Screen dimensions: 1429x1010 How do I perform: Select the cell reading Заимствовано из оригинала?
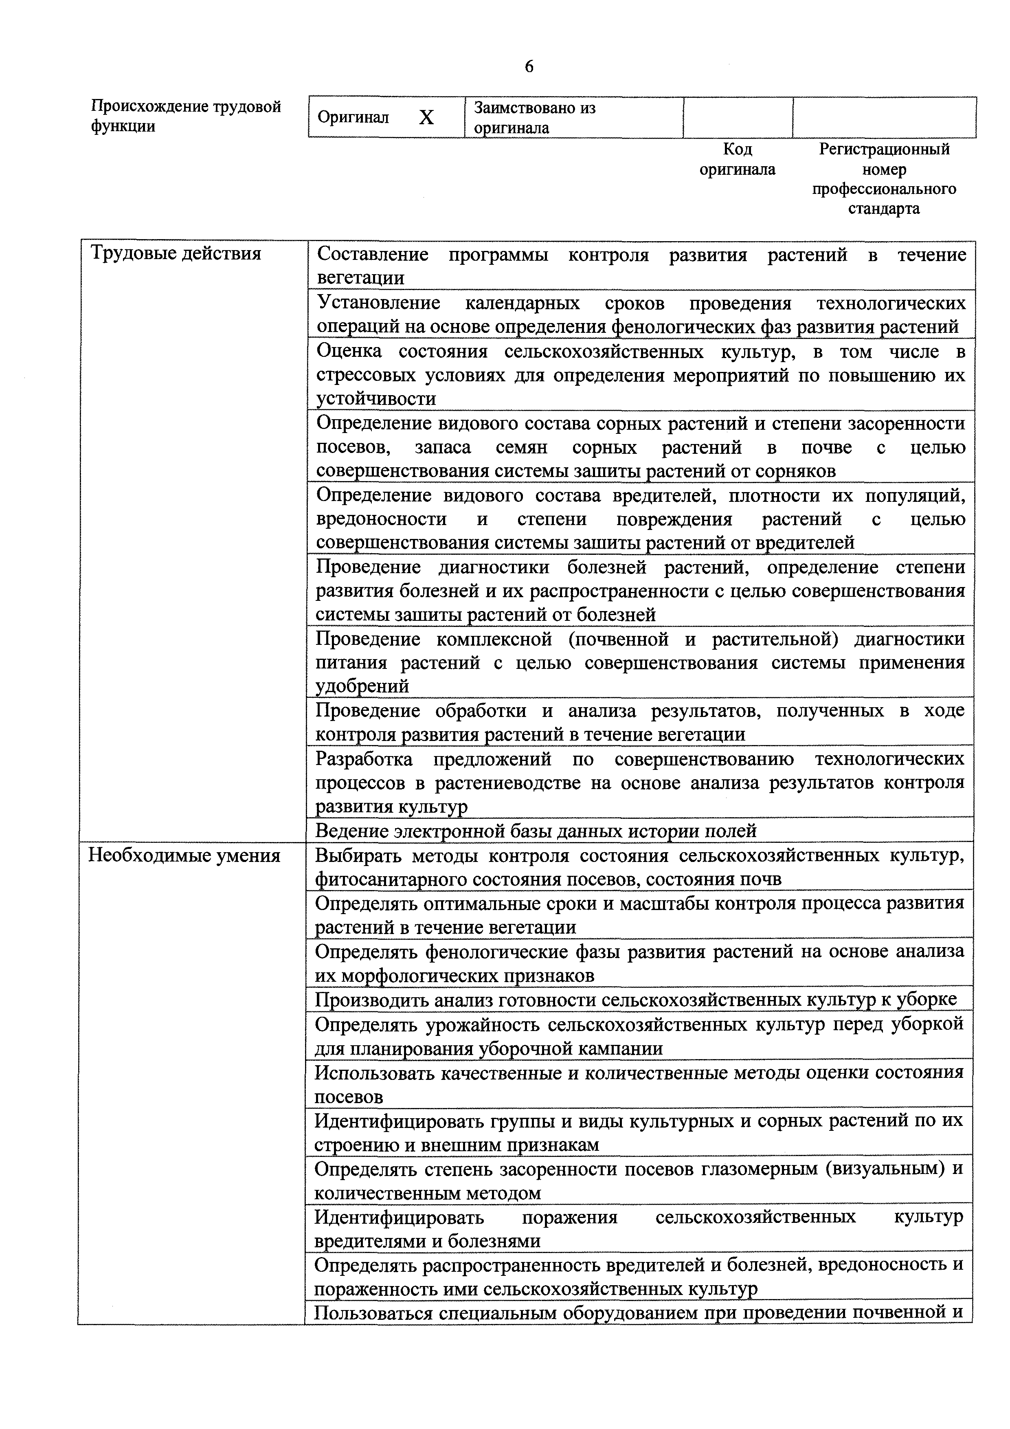[535, 118]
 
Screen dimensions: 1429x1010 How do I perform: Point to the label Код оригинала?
[738, 159]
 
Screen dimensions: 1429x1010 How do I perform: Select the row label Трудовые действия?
[176, 253]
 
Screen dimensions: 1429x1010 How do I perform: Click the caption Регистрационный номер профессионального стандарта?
[884, 178]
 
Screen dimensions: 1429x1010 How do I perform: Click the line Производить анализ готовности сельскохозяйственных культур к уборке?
[635, 1000]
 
